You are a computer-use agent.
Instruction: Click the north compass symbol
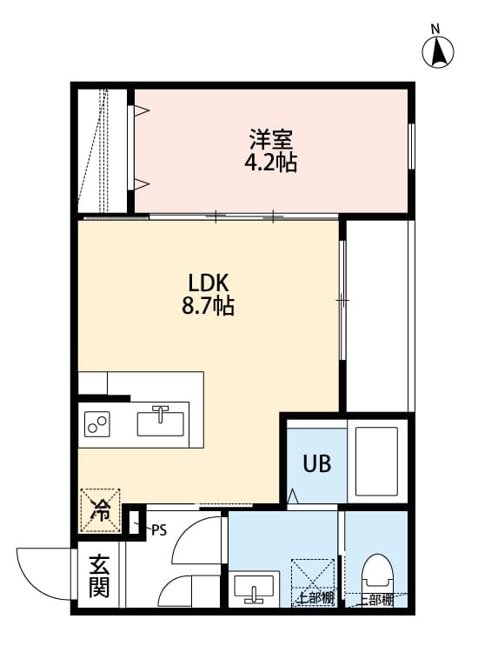439,51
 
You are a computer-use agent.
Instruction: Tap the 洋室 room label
270,139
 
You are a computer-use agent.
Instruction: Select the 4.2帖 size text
270,163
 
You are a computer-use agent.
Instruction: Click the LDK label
209,283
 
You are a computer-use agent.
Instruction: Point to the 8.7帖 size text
209,307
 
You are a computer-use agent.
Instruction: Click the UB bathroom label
316,462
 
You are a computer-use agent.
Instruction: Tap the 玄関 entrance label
98,575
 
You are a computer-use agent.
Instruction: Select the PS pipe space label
158,529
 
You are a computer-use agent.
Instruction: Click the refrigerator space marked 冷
101,509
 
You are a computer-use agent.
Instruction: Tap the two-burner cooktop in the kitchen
97,424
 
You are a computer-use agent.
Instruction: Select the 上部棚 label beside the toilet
371,599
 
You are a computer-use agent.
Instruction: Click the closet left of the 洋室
102,149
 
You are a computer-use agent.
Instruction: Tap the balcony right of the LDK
379,315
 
